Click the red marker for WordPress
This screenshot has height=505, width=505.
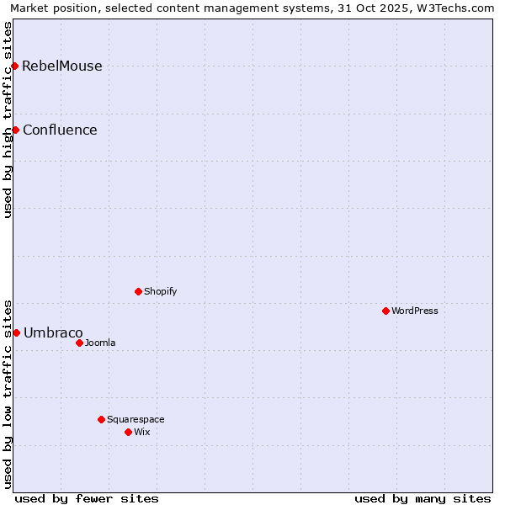(x=385, y=311)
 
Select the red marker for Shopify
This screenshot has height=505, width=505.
(x=138, y=291)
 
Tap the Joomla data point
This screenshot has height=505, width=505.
(x=79, y=343)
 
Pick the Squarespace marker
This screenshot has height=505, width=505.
(x=101, y=419)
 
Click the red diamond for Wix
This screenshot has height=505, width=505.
(x=128, y=432)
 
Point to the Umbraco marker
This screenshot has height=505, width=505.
(x=16, y=332)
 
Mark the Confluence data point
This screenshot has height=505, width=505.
(x=15, y=130)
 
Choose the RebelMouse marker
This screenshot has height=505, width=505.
(x=14, y=66)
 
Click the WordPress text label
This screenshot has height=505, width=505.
(x=415, y=311)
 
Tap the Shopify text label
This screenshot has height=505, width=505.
(x=160, y=291)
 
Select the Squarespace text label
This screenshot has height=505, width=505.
(x=136, y=419)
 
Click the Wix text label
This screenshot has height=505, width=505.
(x=141, y=432)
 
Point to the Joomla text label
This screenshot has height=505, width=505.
(x=100, y=343)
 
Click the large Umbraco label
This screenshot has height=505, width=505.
(x=53, y=332)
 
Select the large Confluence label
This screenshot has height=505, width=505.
(x=60, y=130)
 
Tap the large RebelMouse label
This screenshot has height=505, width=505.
(x=62, y=66)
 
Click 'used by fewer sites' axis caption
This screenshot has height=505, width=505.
(x=87, y=498)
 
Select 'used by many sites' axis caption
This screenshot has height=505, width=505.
(x=423, y=498)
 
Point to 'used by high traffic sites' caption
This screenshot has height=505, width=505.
(x=8, y=120)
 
